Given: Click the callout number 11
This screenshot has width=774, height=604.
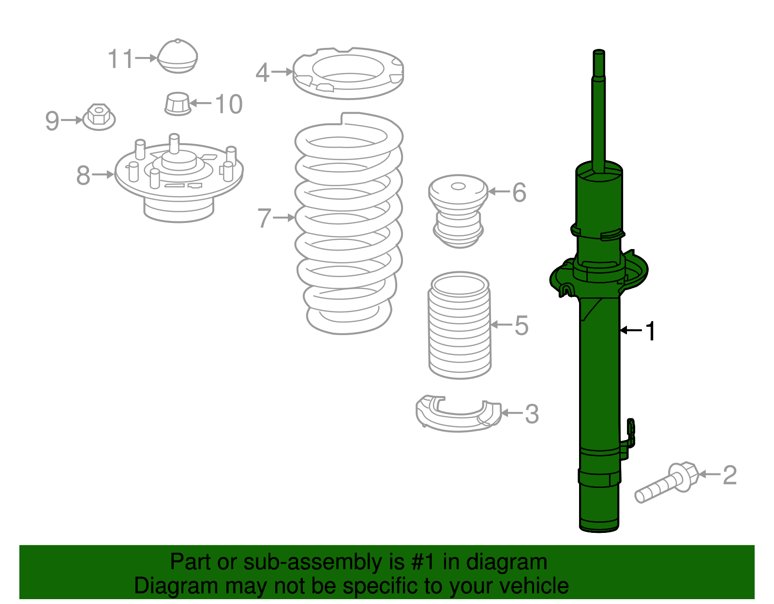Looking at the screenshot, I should (120, 59).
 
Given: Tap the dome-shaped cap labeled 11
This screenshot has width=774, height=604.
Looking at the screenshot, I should (178, 57).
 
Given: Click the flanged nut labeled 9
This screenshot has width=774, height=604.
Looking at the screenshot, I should (99, 117).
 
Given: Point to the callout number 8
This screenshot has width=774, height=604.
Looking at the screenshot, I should (83, 175).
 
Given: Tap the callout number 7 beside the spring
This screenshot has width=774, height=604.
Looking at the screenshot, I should (264, 218).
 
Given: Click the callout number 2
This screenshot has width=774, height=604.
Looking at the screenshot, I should (729, 475).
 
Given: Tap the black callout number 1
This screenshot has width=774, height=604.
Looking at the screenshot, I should (651, 331).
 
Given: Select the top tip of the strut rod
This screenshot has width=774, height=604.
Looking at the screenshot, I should (599, 52).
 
